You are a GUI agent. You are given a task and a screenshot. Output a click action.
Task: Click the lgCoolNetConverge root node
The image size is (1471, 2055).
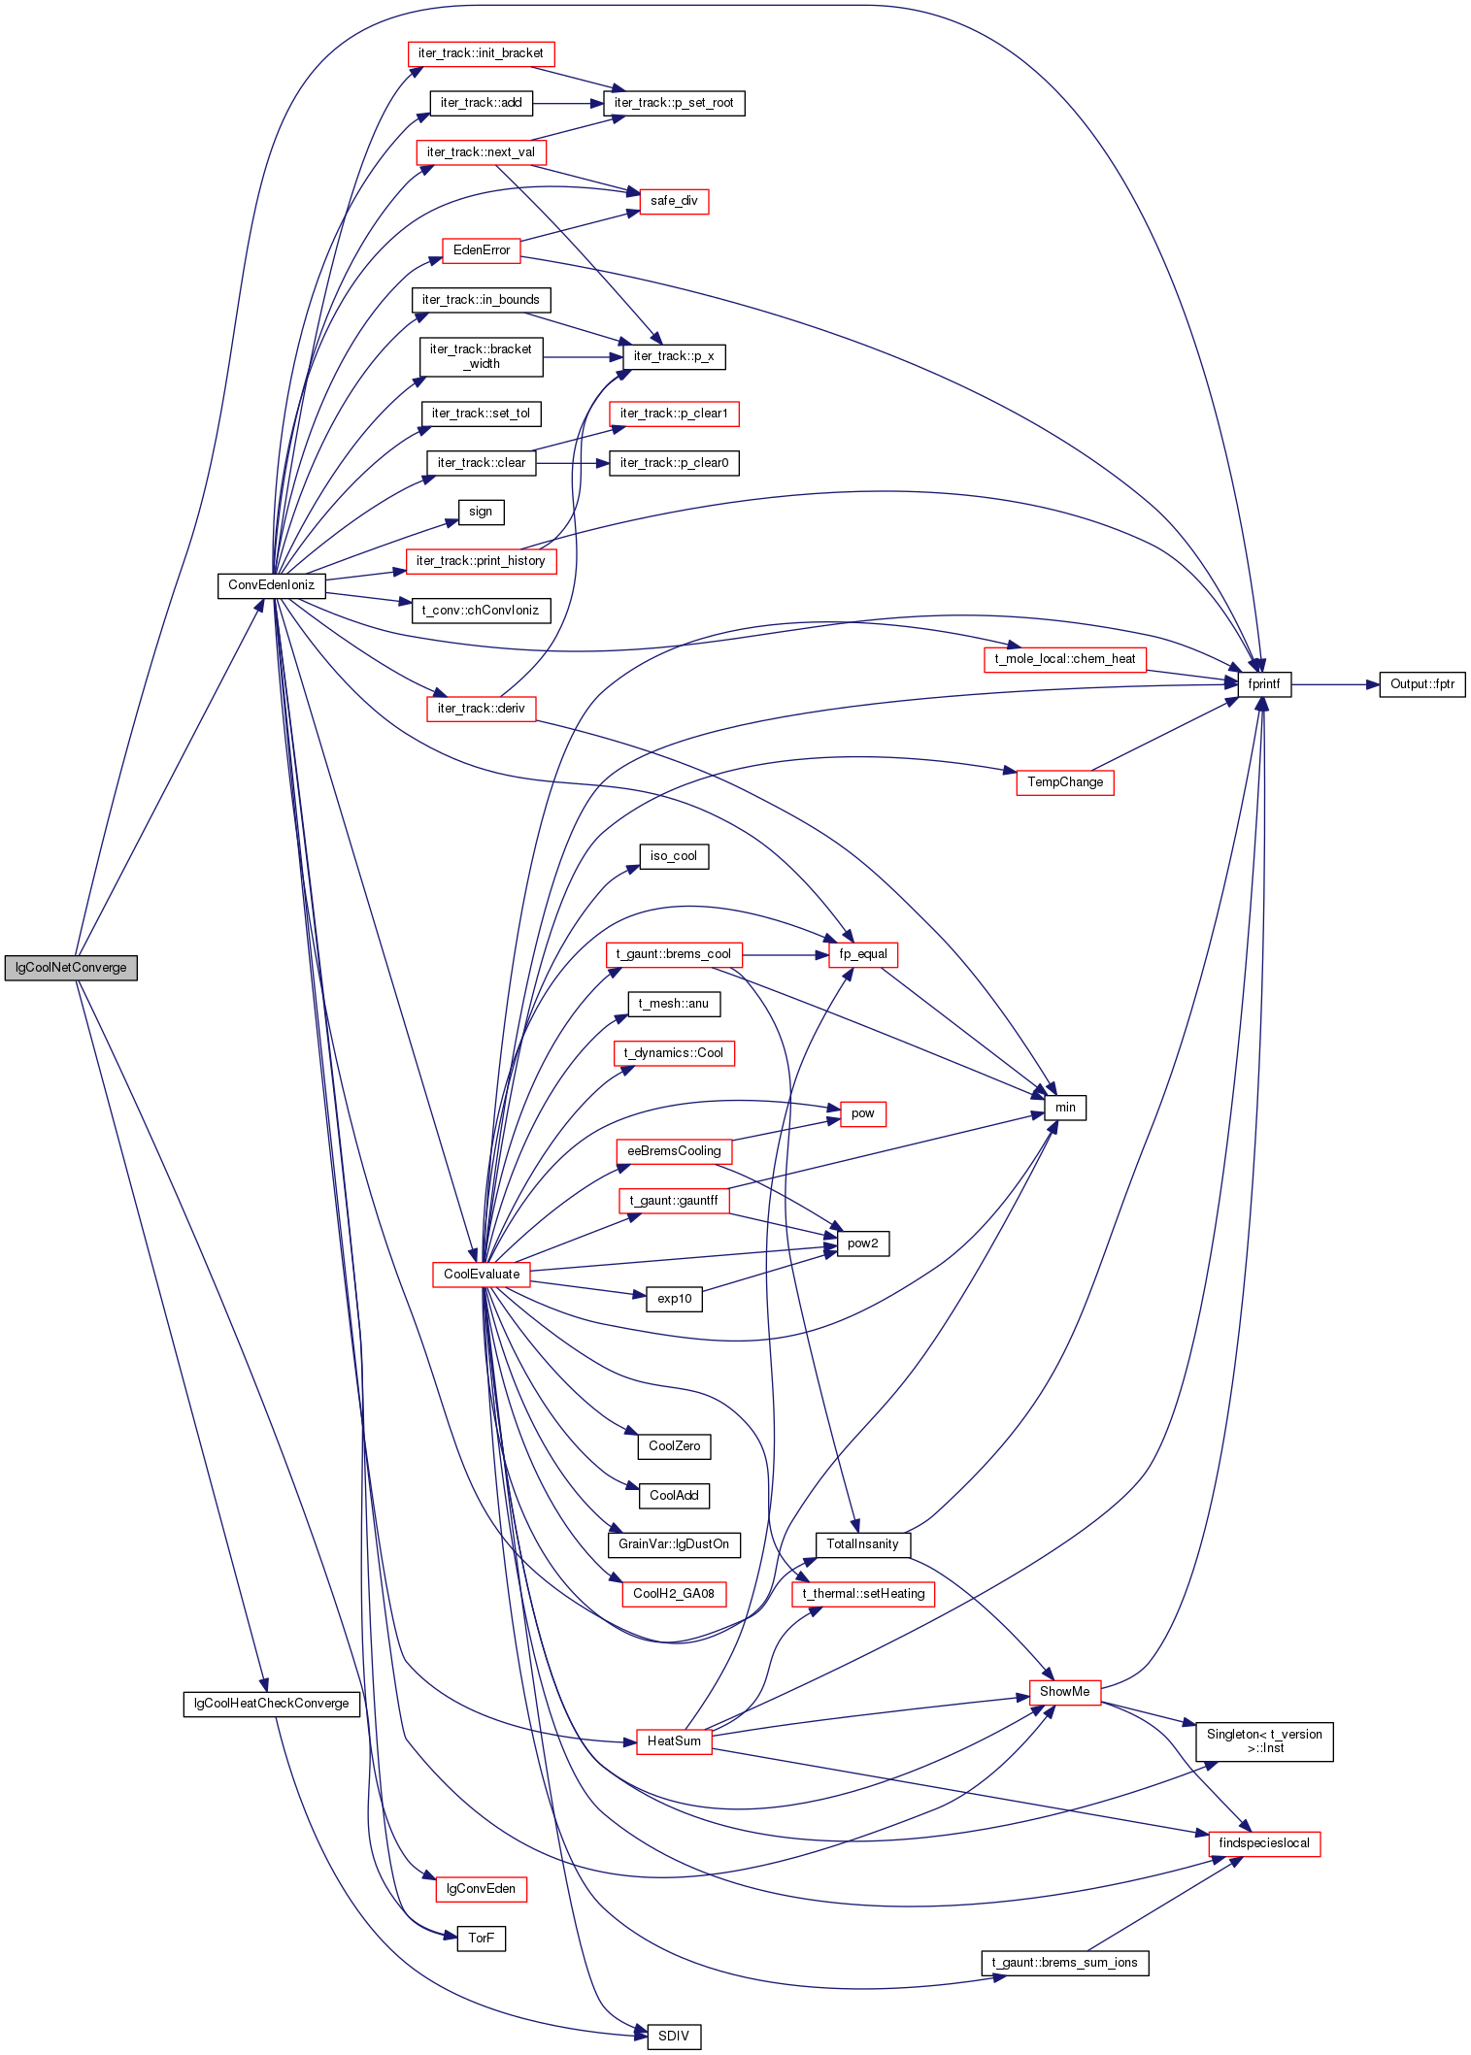[71, 968]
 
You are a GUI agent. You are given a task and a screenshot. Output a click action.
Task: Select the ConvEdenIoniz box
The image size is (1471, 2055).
[271, 585]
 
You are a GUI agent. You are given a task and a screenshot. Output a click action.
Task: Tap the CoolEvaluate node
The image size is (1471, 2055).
[482, 1275]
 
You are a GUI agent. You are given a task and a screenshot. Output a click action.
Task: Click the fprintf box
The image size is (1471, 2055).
[1264, 684]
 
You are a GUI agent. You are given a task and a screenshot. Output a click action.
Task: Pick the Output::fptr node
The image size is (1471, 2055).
[1422, 684]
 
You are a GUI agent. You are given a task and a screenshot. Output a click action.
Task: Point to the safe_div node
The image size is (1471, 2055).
[674, 201]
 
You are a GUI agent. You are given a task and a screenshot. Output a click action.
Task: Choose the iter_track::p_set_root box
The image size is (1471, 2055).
[674, 103]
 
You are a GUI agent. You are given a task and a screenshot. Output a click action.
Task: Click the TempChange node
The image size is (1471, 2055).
[1065, 782]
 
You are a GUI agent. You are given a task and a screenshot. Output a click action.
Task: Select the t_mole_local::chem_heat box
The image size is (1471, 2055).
[1065, 659]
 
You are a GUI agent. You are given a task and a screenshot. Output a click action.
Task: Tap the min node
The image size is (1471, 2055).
[1065, 1108]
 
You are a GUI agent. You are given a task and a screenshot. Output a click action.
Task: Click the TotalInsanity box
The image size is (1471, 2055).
[863, 1544]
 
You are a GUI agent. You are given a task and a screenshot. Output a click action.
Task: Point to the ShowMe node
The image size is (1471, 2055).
[1065, 1692]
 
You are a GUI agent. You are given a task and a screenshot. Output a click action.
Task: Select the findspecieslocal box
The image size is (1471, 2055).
[1264, 1843]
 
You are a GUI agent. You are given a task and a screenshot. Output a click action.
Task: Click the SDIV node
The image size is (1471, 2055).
[674, 2037]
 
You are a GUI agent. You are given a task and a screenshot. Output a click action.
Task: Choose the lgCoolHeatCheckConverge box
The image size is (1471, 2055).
[272, 1704]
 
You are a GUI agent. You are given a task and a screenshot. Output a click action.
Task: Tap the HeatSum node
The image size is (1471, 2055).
[674, 1741]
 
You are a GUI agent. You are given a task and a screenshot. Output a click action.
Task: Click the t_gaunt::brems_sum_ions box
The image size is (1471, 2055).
[1065, 1963]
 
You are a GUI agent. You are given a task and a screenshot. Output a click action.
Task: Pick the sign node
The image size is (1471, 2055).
[481, 513]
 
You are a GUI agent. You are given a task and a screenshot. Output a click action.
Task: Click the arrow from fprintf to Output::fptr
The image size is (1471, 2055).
[1335, 684]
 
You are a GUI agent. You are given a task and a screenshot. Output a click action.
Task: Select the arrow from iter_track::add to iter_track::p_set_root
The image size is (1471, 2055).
[568, 103]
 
